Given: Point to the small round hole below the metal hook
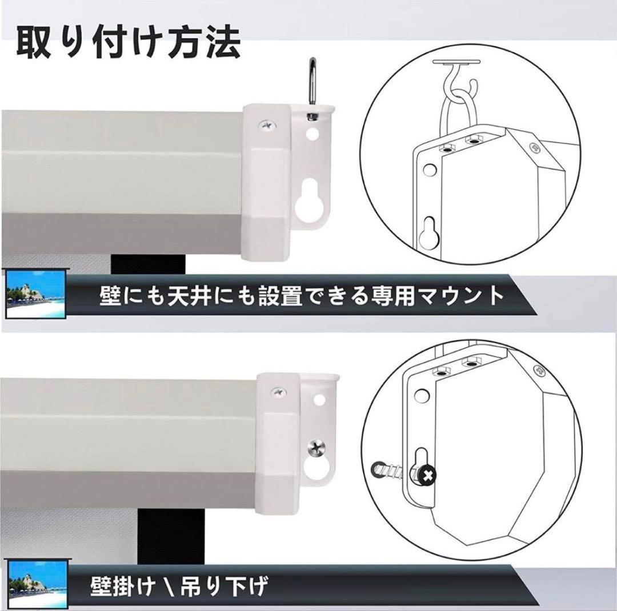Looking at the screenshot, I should click(312, 136).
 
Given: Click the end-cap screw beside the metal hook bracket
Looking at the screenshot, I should click(266, 124).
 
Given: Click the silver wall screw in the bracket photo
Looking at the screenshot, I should click(316, 448).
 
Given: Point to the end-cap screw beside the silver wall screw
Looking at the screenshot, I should click(279, 392).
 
